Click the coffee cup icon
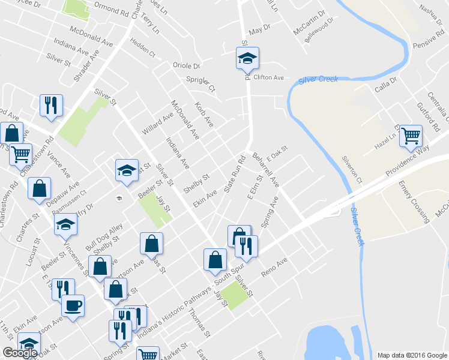(x=73, y=306)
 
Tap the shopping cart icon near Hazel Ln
(x=411, y=136)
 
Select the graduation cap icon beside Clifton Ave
(x=247, y=59)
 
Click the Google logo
(x=20, y=353)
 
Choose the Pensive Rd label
(x=427, y=44)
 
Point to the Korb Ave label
(x=204, y=115)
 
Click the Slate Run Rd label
(x=236, y=175)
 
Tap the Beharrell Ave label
(x=267, y=171)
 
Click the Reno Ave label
(x=275, y=267)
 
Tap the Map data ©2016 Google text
(x=411, y=355)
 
